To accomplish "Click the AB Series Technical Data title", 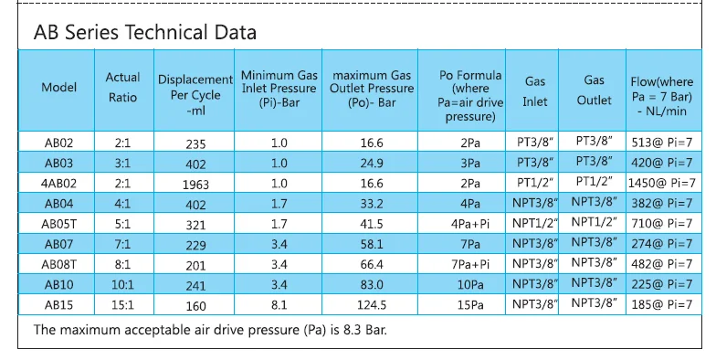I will [144, 33].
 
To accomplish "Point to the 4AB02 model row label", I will [59, 183].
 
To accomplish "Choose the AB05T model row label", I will [59, 223].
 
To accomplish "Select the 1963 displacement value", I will [195, 183].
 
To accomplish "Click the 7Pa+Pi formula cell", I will [470, 263].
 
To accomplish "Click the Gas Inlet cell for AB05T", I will [534, 223].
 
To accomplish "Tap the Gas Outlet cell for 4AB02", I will [595, 183].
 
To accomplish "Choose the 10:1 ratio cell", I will [123, 283].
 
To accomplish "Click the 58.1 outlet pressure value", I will [371, 243].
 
